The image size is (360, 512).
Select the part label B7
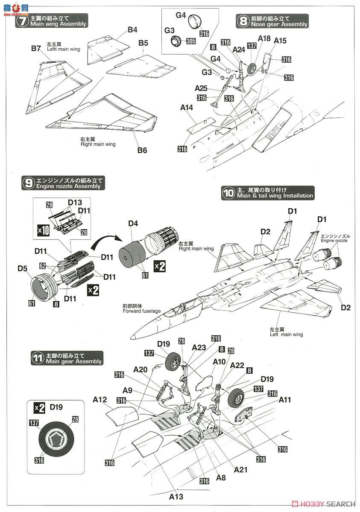coord(36,49)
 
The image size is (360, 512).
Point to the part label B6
coord(142,150)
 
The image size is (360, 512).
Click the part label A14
coord(187,108)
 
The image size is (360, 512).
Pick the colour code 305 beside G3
coord(191,41)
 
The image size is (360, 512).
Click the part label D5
coord(22,269)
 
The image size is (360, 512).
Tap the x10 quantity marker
coord(43,230)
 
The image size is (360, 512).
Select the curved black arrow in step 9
coord(105,243)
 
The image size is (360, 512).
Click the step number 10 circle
coord(228,193)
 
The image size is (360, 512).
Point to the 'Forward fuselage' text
coord(141,311)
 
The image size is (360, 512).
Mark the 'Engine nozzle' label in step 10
coord(335,241)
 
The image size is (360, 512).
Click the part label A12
coord(100,399)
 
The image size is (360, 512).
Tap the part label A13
coord(176,496)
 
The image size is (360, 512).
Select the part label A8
coord(220,477)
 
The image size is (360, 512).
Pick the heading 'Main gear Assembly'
coord(74,361)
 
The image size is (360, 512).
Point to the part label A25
coord(201,88)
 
